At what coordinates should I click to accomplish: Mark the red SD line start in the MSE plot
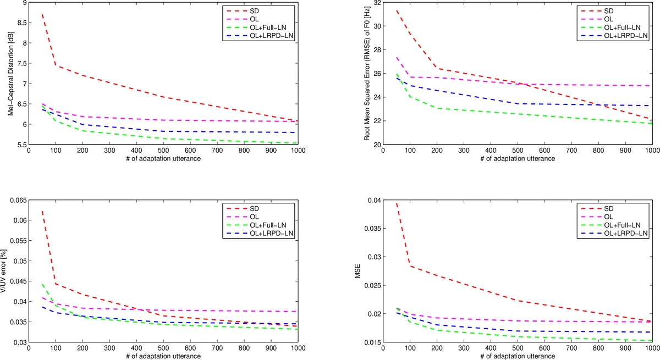click(397, 203)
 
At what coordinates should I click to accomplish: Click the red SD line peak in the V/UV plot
click(42, 211)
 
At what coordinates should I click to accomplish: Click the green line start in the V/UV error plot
click(42, 284)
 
